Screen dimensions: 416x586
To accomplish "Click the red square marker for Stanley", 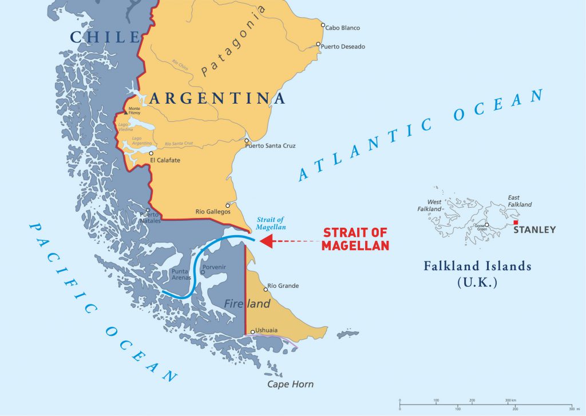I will (516, 223).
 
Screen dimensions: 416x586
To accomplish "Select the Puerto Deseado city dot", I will (319, 44).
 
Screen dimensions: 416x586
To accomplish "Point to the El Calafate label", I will (165, 161).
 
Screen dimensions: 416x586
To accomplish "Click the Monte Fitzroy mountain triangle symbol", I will (126, 113).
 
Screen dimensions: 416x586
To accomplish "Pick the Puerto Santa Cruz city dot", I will (247, 141).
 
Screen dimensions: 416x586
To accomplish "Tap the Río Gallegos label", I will (213, 212).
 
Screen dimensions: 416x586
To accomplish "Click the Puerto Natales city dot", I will (148, 210).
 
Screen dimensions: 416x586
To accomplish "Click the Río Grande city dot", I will (266, 290).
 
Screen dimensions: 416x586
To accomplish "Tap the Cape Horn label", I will (291, 385).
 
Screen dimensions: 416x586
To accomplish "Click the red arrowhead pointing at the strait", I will (266, 241).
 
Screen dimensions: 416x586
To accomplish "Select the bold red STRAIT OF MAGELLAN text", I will (355, 239).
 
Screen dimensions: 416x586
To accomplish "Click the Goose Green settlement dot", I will (486, 225).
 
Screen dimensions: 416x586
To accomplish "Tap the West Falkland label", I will (430, 205).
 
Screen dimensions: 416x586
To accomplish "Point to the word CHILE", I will (104, 37).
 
